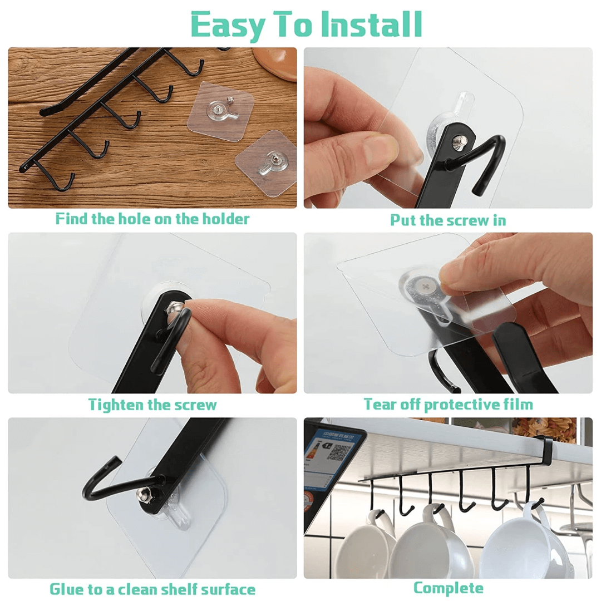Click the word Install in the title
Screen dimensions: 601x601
pos(371,24)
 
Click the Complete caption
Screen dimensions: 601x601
pos(448,588)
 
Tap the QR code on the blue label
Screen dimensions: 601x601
pos(339,452)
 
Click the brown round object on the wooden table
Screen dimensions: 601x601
pos(276,61)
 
